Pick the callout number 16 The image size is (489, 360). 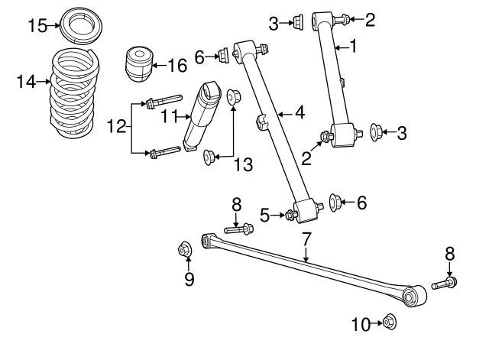click(x=176, y=66)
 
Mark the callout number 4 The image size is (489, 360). click(x=300, y=113)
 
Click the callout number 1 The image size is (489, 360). click(x=353, y=47)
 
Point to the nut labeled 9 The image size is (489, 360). click(x=183, y=249)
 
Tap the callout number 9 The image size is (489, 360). click(x=189, y=279)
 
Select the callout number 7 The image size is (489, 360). click(x=306, y=239)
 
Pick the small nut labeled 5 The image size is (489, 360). click(x=290, y=215)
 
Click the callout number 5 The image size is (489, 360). click(x=264, y=216)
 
